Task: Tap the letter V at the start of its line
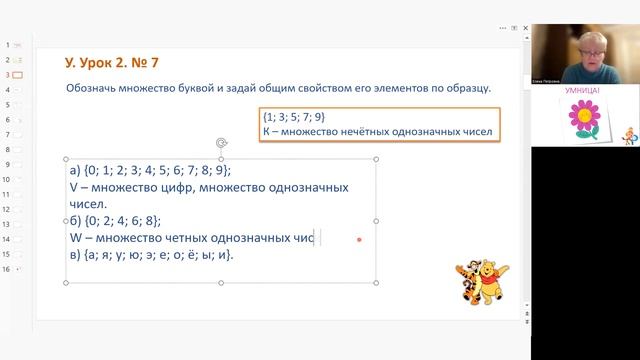point(75,187)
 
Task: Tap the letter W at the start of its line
point(76,237)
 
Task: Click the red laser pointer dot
point(359,239)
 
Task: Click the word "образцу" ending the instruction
point(466,88)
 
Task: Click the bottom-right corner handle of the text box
point(376,283)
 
